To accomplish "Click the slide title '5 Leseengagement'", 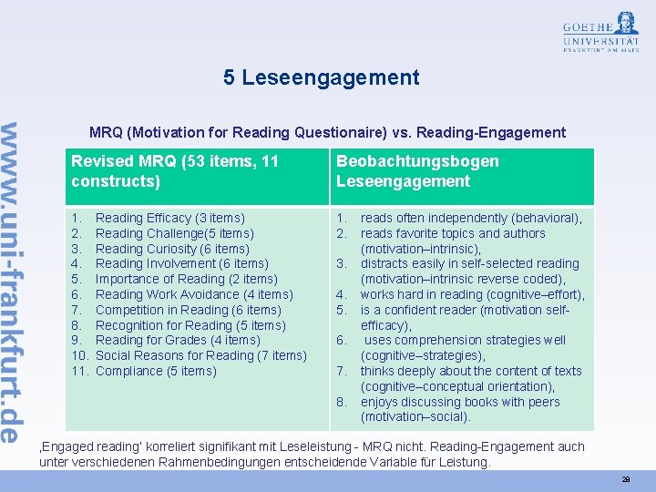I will pos(322,77).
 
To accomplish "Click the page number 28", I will pos(626,478).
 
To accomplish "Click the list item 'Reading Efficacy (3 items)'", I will pos(170,218).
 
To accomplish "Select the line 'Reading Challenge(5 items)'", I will pos(175,233).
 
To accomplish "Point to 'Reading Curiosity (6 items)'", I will pos(172,249).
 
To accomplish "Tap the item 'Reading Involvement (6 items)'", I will pos(182,264).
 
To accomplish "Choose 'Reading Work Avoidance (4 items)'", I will pos(194,294).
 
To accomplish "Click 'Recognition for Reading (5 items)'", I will pos(190,325).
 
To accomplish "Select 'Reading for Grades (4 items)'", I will pos(178,340).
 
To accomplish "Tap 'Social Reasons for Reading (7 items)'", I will pos(200,355).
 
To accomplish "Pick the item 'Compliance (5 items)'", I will pos(156,371).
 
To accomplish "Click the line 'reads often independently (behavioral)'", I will pos(471,218).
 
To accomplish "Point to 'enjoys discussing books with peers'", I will pos(460,402).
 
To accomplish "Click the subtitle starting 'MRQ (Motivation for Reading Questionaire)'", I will pos(327,132).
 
